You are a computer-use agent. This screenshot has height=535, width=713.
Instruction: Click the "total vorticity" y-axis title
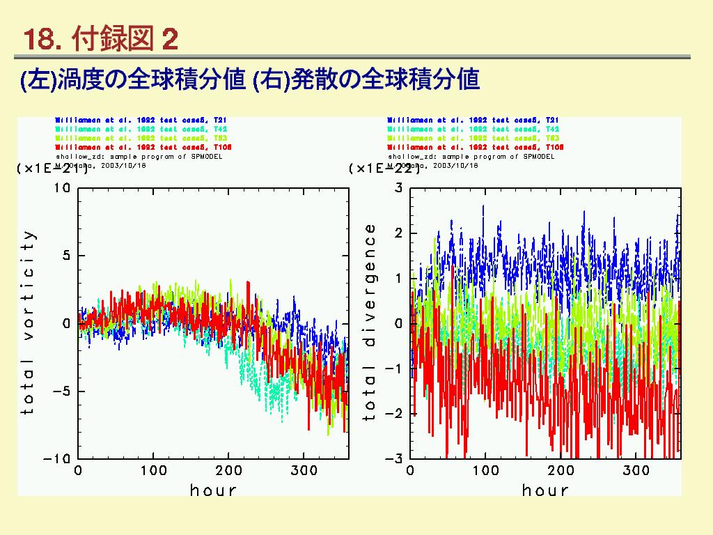28,323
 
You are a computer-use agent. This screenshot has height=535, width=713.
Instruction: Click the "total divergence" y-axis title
369,323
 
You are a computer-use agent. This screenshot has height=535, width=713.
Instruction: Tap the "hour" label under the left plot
213,490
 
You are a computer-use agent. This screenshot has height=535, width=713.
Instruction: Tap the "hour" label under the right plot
545,490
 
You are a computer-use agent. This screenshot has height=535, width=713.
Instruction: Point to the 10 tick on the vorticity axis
62,188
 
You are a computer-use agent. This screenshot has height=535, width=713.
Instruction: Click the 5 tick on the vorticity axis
66,256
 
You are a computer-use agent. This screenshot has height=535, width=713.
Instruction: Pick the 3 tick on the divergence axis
399,188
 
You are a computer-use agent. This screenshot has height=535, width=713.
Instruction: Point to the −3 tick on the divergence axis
395,459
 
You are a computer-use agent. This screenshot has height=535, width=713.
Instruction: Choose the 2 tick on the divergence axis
399,233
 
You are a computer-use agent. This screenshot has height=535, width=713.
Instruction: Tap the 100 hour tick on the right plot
485,471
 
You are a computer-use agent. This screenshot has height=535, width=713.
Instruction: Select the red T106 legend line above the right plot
476,148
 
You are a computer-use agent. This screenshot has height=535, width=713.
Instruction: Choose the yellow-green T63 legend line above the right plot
476,139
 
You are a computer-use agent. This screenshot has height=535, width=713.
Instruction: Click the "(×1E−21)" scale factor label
52,169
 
